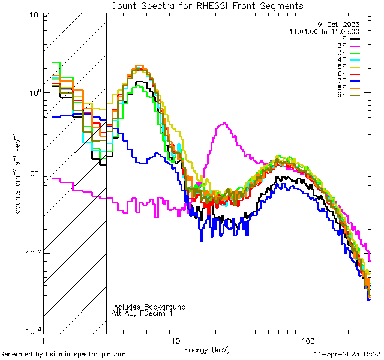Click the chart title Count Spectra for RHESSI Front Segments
(207, 6)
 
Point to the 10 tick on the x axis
(175, 340)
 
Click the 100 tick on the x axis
(308, 340)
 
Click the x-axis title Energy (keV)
(207, 349)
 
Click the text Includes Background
(148, 307)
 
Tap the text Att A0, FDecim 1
(142, 313)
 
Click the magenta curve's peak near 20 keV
(224, 124)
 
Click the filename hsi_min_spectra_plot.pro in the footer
(86, 355)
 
